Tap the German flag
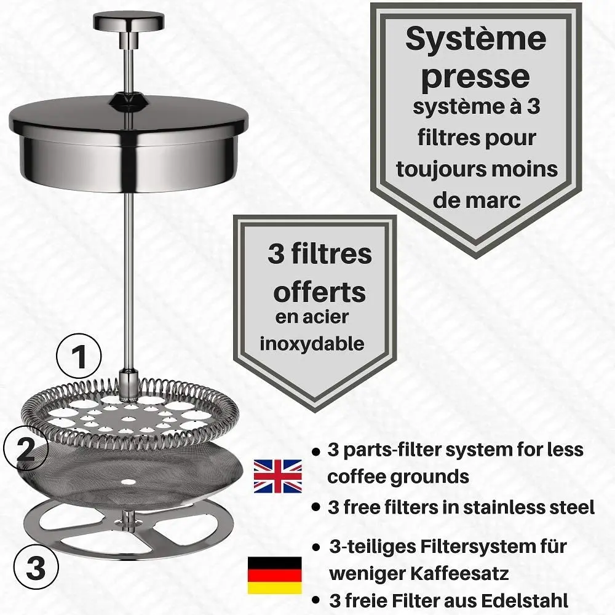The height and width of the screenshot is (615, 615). click(274, 575)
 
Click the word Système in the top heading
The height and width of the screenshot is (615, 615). click(475, 39)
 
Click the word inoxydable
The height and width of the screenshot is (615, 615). click(312, 343)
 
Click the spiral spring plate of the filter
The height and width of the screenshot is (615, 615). click(129, 409)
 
